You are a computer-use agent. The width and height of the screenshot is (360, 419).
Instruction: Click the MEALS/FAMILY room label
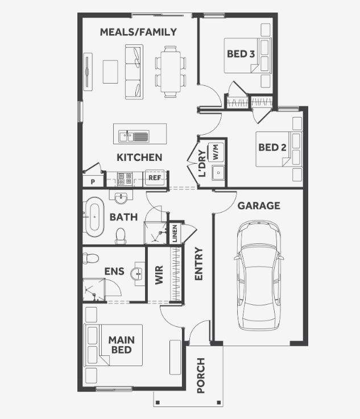point(138,32)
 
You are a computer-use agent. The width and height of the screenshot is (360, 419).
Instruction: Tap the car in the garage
point(259,275)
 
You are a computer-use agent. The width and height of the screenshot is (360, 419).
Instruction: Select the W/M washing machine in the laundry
point(216,152)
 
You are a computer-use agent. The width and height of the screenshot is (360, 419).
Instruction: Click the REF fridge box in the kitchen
point(155,178)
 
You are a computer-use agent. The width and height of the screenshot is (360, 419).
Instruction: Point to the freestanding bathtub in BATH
point(94,217)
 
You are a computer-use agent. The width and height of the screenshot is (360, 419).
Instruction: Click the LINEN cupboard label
point(175,234)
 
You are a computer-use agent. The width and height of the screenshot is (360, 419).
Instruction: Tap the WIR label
point(159,275)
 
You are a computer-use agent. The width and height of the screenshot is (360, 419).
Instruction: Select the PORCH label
point(201,375)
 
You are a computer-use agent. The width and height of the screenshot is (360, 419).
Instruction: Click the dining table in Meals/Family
point(171,72)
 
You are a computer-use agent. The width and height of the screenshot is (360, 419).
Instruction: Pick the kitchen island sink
point(134,136)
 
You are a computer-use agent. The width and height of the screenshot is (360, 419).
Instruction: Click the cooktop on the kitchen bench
point(125,179)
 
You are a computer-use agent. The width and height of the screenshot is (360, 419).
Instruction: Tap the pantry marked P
point(93,181)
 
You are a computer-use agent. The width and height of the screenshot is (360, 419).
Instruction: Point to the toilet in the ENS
point(90,259)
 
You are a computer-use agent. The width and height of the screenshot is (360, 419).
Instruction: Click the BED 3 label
point(241,54)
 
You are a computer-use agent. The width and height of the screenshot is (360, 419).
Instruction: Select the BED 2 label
point(272,147)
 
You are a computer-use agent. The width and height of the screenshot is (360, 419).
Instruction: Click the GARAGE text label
point(259,205)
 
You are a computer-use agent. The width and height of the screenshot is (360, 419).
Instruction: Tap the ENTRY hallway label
point(199,263)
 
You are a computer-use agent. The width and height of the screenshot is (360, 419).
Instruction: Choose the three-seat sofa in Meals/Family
point(134,72)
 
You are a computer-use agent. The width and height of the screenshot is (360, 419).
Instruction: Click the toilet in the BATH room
point(121,236)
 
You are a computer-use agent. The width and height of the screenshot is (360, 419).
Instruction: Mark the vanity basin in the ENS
point(138,273)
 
